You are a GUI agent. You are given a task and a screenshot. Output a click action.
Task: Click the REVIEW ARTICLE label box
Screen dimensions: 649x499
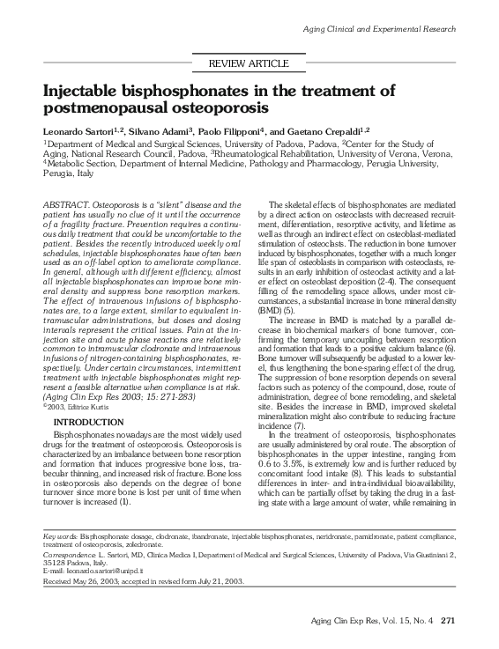point(248,63)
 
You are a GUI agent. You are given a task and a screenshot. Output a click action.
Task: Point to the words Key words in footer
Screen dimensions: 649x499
point(58,536)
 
